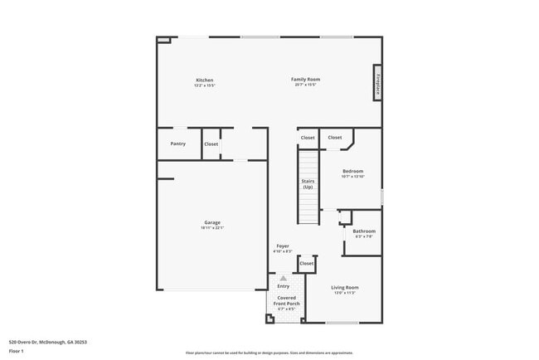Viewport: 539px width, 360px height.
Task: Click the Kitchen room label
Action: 204,80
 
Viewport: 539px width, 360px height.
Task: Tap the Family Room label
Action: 305,80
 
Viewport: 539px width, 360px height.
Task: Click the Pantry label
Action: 178,144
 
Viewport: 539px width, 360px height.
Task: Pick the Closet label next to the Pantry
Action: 211,144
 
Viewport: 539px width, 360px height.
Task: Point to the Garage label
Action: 212,222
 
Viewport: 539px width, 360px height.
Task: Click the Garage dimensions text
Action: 212,228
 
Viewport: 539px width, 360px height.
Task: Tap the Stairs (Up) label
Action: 308,183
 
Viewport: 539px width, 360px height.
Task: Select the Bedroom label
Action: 352,171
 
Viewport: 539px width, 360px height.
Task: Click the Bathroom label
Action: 364,231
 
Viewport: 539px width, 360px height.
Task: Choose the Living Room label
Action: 345,288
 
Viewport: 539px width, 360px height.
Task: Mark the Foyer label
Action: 283,246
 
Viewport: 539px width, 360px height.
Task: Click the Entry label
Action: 284,286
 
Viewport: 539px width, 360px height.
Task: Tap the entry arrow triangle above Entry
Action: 284,279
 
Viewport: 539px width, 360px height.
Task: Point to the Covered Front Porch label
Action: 287,300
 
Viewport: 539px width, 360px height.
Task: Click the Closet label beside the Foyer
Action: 307,263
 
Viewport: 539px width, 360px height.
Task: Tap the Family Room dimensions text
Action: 305,85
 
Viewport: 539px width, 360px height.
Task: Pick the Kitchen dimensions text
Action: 204,85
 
